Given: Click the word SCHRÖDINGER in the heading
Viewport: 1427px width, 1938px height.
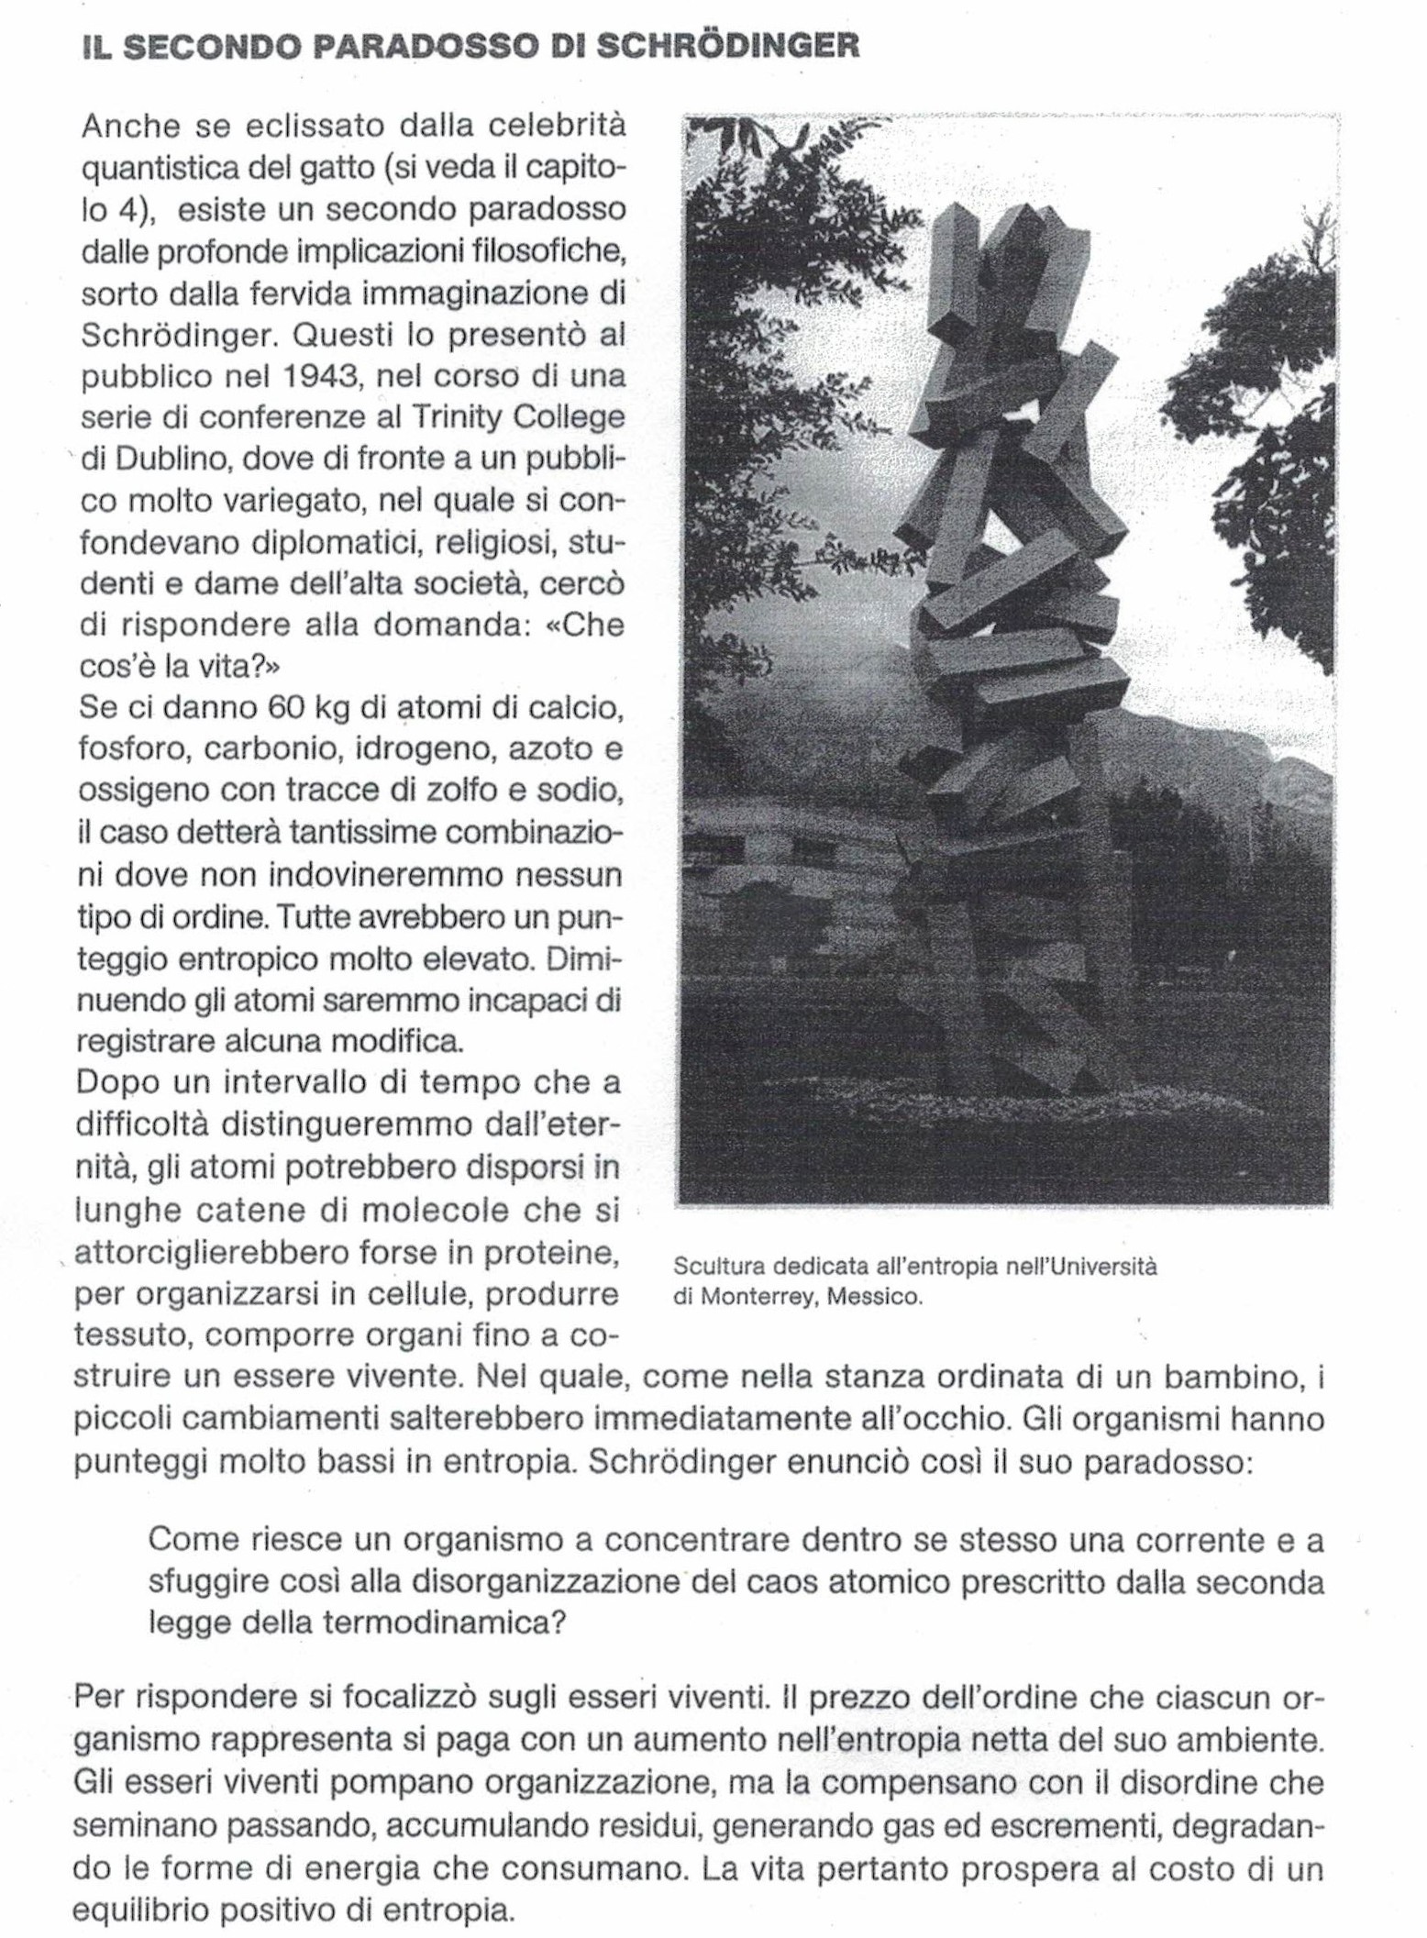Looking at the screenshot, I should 728,47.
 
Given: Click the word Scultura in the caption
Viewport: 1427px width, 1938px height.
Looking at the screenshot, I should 720,1267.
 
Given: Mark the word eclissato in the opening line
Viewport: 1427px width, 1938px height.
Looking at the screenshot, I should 311,127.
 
